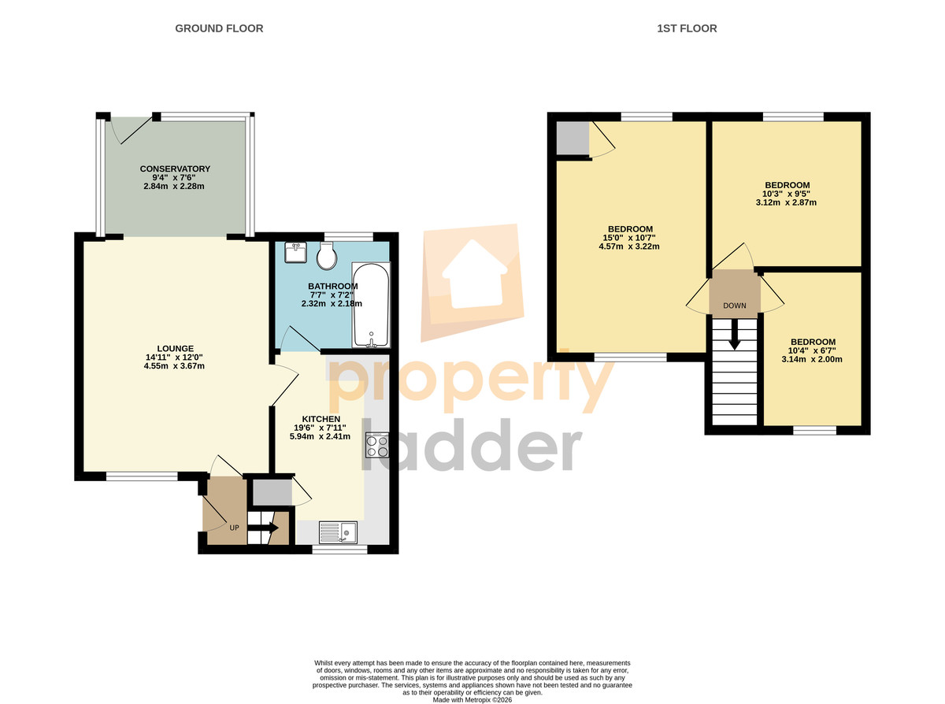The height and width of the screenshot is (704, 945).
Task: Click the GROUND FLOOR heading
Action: click(x=219, y=28)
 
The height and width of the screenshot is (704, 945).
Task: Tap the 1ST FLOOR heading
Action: click(x=687, y=28)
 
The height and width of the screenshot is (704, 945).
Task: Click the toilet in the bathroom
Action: click(x=327, y=256)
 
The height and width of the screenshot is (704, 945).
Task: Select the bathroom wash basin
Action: click(x=295, y=252)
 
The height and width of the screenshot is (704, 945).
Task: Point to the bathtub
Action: click(x=371, y=305)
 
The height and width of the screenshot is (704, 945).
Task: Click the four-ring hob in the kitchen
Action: click(x=377, y=445)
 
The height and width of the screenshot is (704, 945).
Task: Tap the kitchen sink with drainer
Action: click(x=338, y=532)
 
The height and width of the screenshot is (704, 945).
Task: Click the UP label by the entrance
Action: click(x=235, y=528)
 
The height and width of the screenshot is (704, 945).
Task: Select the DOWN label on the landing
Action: click(x=735, y=306)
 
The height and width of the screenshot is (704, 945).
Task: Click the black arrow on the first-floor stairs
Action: click(x=734, y=334)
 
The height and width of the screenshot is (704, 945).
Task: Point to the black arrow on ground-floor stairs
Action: click(x=263, y=528)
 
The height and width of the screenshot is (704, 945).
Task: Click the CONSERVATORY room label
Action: click(x=175, y=169)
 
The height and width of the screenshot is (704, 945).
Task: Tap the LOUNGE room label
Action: click(x=175, y=348)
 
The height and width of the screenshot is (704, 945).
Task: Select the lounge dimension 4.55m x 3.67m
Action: click(x=174, y=366)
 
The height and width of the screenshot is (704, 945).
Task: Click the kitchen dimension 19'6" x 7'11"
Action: click(x=320, y=428)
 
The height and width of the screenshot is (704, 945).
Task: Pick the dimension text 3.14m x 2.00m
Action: click(x=812, y=359)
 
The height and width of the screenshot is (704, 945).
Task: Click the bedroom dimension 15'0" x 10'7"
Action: click(x=629, y=238)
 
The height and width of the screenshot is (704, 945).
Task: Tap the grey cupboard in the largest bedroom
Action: click(x=573, y=138)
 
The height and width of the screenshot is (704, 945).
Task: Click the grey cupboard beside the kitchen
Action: click(x=272, y=492)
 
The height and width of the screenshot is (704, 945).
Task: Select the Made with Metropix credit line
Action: click(x=472, y=700)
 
